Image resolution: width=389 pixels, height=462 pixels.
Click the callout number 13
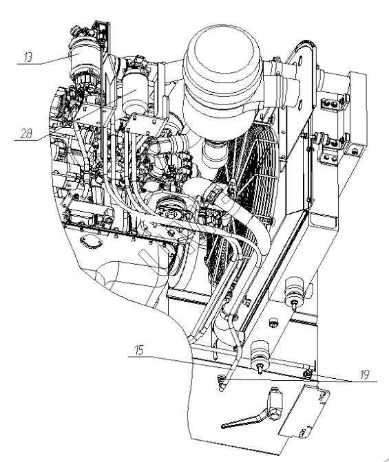(x=28, y=57)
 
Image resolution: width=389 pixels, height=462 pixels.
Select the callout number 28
(x=26, y=133)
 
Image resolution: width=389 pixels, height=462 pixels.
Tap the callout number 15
(x=138, y=350)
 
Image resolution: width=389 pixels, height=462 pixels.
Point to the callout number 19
(x=365, y=375)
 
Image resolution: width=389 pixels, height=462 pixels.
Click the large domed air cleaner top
(x=223, y=56)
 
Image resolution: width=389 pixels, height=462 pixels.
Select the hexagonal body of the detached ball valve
(x=275, y=404)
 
